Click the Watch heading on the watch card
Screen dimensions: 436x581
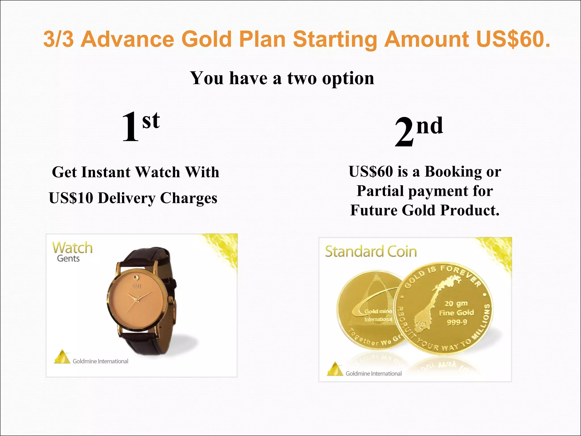tap(72, 248)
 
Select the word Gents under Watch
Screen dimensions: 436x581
tap(68, 259)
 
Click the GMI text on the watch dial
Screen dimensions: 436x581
tap(136, 286)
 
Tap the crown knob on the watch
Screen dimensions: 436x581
tap(170, 299)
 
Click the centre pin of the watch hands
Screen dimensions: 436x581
tap(137, 300)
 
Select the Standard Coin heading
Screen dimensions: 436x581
tap(371, 251)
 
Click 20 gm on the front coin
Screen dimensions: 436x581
tap(456, 303)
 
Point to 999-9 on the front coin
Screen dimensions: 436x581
tap(457, 322)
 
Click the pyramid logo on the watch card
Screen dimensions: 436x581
tap(62, 357)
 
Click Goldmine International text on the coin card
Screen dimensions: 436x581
tap(373, 374)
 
